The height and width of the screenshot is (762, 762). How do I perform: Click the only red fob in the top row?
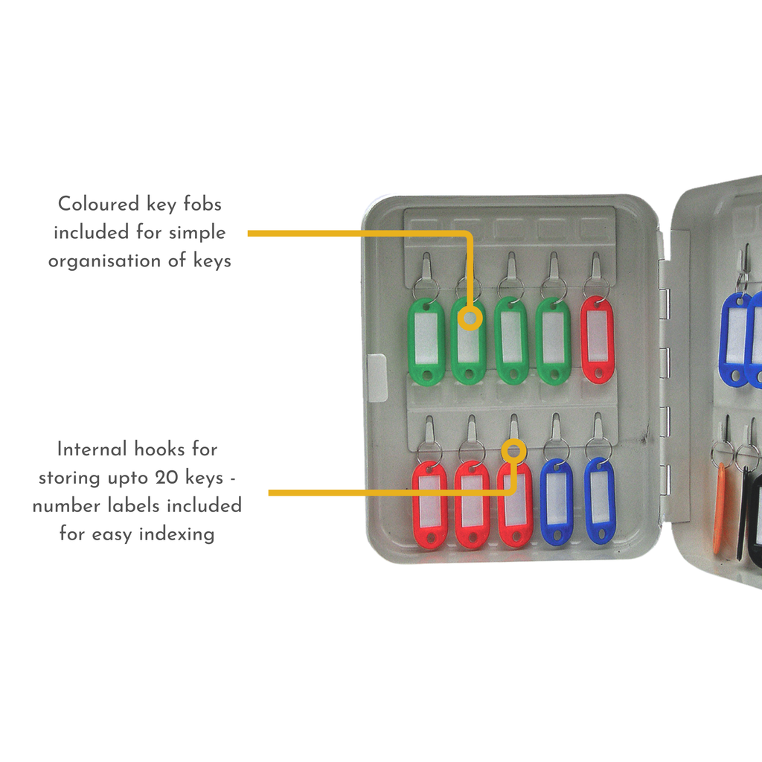(x=597, y=340)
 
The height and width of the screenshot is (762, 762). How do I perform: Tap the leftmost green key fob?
(x=426, y=342)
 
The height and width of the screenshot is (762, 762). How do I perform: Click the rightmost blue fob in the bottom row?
(x=600, y=501)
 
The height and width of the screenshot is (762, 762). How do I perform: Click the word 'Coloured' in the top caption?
(x=98, y=204)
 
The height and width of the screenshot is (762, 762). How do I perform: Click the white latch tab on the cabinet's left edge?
(x=377, y=378)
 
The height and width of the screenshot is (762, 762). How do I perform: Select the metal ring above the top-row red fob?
(x=597, y=288)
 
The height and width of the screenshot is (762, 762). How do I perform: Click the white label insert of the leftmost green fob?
(x=426, y=338)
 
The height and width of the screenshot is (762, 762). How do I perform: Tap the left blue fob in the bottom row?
(x=557, y=502)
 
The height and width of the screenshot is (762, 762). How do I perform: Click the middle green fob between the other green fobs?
(x=511, y=341)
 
